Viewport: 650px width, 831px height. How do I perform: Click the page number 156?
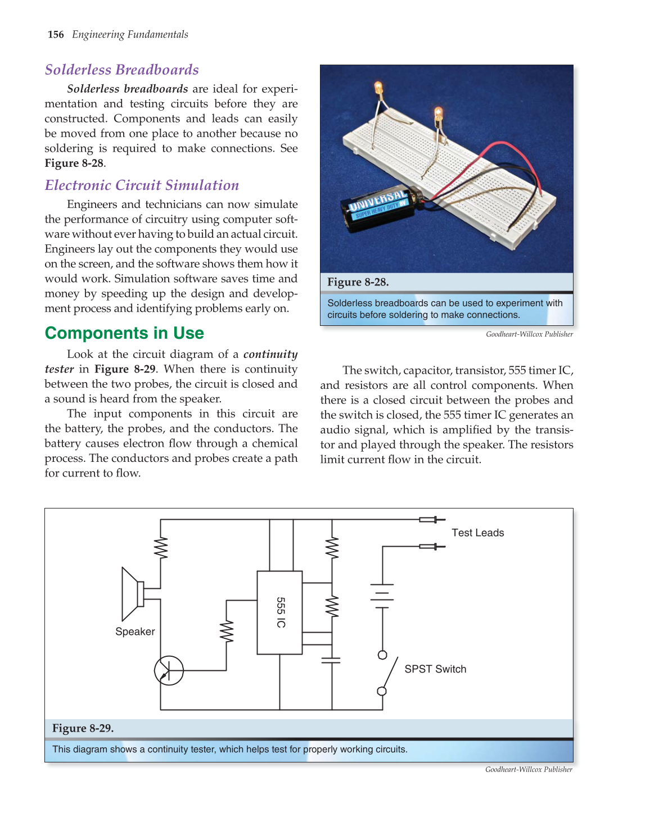click(56, 35)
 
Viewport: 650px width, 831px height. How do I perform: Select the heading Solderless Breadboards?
click(121, 70)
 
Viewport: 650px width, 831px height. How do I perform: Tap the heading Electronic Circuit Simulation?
click(142, 185)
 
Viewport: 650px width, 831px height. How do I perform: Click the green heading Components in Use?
click(124, 333)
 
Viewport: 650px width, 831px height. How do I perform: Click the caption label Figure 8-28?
click(358, 282)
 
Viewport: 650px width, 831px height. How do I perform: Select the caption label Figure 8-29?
click(83, 728)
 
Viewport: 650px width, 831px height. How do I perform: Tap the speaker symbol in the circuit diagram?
click(133, 594)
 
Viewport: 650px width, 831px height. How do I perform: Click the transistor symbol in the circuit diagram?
click(169, 670)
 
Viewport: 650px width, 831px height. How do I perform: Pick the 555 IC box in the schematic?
click(279, 612)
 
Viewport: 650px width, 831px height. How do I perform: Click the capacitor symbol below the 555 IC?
click(331, 660)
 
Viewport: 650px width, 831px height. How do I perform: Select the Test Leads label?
click(478, 533)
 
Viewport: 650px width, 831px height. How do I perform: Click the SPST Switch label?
click(435, 669)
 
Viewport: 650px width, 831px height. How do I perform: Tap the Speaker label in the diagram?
click(135, 632)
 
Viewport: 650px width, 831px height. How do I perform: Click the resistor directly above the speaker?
click(161, 548)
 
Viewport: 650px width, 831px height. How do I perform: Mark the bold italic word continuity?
click(270, 355)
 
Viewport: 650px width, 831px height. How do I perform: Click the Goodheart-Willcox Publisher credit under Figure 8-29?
click(529, 770)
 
